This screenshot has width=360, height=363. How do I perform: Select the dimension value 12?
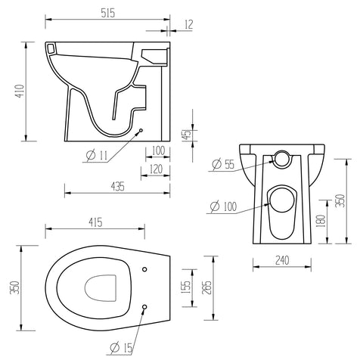[188, 25]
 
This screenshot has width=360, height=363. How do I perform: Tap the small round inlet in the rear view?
[283, 158]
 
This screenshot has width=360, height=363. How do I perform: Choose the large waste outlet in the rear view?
[282, 197]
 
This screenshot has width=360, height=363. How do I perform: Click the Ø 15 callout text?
[121, 347]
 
